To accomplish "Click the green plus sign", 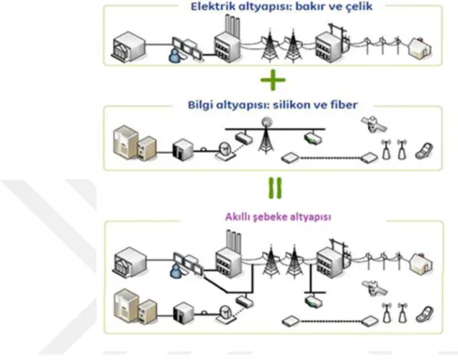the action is [x=272, y=80].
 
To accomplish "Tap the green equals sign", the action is [x=275, y=188].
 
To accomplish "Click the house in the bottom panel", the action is [x=421, y=264].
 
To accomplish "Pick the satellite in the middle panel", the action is [x=374, y=124].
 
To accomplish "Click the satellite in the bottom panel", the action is [x=374, y=287].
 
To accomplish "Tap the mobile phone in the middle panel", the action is [x=423, y=151].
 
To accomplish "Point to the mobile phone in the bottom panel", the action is [x=424, y=314].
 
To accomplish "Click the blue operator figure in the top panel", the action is [x=175, y=56].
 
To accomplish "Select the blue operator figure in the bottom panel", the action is [x=176, y=271].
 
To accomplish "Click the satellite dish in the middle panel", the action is [x=225, y=151].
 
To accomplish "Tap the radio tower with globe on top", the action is [x=266, y=135].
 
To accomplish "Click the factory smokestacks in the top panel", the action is [x=232, y=25].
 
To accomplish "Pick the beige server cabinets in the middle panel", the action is [x=134, y=143].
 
